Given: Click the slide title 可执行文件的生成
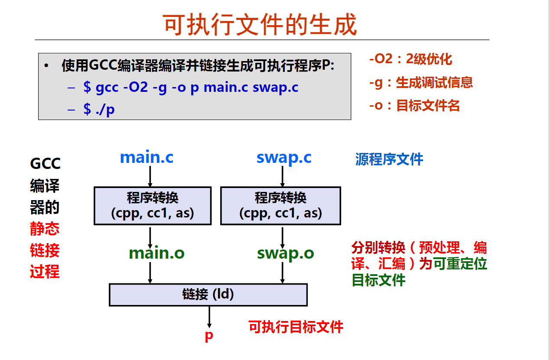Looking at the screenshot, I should (260, 24).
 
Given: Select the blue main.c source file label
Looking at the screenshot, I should (146, 157).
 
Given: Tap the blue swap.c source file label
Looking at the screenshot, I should (284, 157).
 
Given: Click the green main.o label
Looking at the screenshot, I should (156, 253).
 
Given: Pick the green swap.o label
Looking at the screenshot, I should (285, 253).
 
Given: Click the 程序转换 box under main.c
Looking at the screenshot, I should (153, 205).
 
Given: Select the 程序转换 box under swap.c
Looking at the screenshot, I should (280, 205).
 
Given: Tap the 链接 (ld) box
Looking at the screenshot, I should (208, 295).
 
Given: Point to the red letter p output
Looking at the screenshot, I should (209, 336).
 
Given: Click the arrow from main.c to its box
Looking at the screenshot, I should (150, 175).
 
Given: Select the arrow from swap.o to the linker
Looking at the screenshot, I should (283, 273).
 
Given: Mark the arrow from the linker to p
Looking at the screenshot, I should (209, 317).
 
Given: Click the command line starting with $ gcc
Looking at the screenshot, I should (191, 87).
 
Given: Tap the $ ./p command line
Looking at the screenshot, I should (99, 109).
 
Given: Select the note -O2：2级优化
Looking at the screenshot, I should (410, 59).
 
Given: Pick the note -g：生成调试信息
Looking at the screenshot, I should (420, 82).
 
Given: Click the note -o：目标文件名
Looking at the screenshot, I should (414, 105).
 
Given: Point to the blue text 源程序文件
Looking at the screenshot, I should (389, 159).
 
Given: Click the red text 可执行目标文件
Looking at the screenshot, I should (296, 327).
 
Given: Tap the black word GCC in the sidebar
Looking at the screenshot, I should (45, 164).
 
